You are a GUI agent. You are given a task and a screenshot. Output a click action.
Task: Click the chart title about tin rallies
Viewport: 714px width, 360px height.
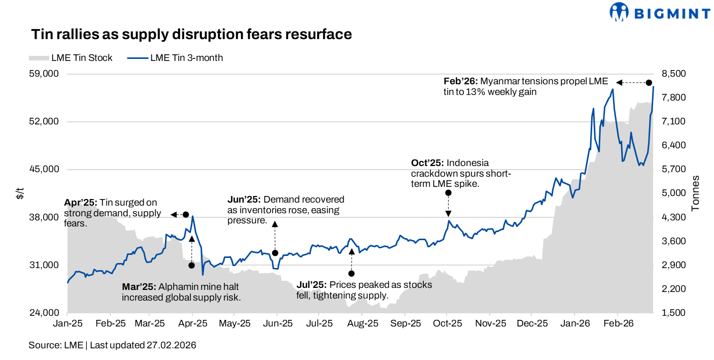click(x=191, y=35)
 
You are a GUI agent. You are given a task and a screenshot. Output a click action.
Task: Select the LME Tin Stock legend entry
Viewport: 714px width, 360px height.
click(x=71, y=58)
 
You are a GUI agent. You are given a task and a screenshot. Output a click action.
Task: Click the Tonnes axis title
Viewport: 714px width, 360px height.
click(x=695, y=193)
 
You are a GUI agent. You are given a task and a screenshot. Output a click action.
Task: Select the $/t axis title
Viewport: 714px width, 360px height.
click(x=20, y=193)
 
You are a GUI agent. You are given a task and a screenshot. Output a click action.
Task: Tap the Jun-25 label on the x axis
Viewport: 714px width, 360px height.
click(x=277, y=323)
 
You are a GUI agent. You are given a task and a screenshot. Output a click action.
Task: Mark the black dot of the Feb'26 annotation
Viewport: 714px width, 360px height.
click(x=649, y=83)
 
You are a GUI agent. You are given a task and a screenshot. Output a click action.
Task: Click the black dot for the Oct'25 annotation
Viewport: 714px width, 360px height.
click(x=448, y=193)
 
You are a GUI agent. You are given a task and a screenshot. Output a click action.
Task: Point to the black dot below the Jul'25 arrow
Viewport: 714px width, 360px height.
click(x=351, y=274)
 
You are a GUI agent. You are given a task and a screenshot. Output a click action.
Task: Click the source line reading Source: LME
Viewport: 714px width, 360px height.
click(x=56, y=345)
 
